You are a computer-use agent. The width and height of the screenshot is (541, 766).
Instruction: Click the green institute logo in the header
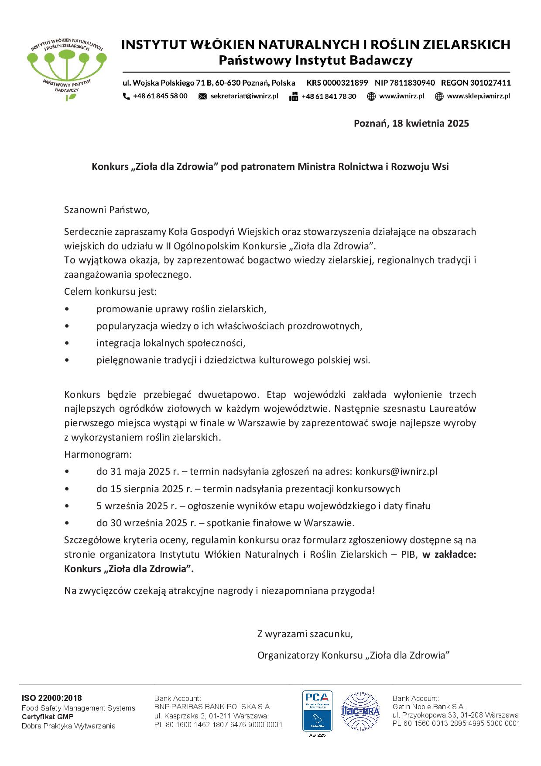click(66, 66)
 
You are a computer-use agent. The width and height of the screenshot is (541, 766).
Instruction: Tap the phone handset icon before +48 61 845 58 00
click(126, 96)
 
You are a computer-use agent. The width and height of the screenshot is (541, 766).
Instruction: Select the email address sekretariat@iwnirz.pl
click(244, 96)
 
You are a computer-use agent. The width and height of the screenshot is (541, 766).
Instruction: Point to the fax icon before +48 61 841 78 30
click(294, 97)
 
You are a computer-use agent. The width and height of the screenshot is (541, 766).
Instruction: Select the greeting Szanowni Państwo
click(107, 210)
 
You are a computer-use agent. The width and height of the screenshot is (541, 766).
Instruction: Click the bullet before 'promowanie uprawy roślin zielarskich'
click(66, 309)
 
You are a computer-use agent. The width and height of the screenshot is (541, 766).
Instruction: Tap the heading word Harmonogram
click(98, 454)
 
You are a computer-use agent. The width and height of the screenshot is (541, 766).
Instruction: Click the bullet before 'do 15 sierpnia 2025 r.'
click(66, 489)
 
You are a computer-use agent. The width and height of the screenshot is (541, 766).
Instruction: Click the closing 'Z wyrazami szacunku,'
click(305, 634)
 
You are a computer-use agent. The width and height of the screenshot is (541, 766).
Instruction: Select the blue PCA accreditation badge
click(317, 711)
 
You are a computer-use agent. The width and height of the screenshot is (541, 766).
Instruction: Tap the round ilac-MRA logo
click(360, 711)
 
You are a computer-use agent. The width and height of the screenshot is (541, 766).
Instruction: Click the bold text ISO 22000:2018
click(52, 698)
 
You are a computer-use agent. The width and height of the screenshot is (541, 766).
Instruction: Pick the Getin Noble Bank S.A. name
click(428, 706)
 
